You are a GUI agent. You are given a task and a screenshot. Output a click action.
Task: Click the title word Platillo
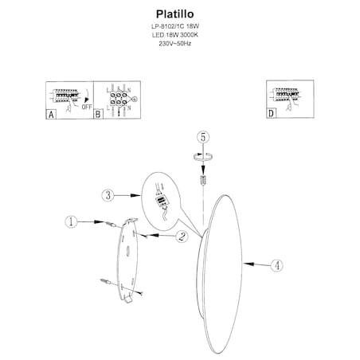click(179, 13)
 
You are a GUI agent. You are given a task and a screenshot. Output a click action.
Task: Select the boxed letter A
click(51, 114)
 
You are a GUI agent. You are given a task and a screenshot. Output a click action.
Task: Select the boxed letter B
click(99, 114)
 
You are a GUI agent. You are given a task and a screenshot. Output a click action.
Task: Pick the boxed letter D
click(271, 114)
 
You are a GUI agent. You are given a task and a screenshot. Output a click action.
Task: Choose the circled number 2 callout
click(182, 236)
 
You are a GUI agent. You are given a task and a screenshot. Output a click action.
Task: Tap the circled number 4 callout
click(276, 266)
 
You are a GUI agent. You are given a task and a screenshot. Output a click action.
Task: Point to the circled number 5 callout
click(203, 138)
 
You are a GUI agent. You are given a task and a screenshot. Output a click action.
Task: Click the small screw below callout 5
click(203, 180)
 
